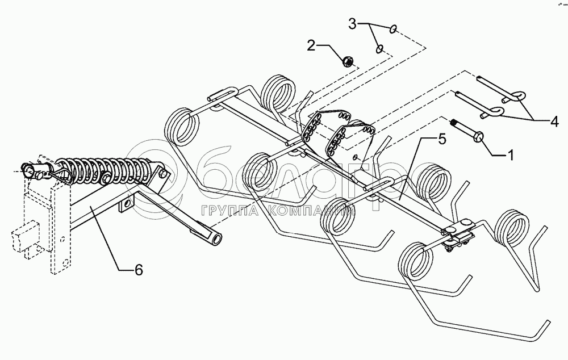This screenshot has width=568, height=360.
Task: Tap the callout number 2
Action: click(311, 46)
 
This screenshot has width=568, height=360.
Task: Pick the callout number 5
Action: click(440, 139)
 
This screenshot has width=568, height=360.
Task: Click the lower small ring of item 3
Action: click(379, 49)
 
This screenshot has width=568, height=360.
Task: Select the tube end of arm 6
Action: click(215, 239)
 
